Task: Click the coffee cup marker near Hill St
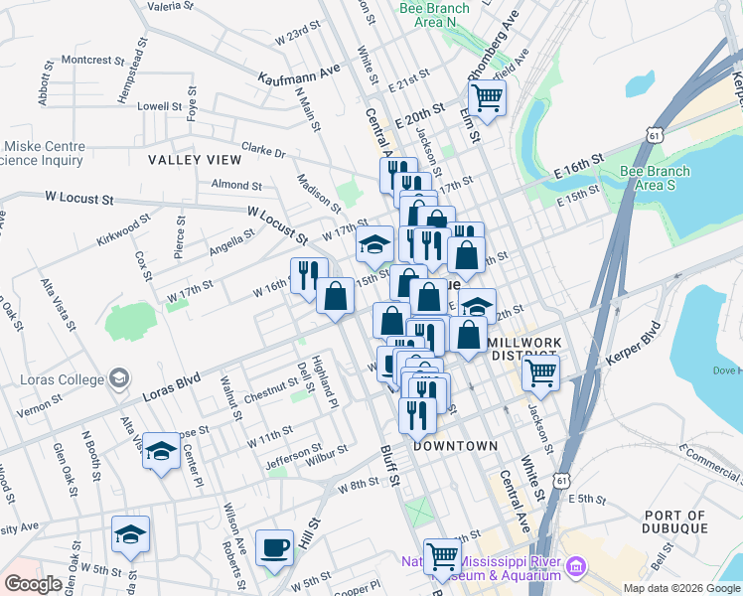click(x=274, y=549)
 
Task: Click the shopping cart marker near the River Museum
click(x=442, y=558)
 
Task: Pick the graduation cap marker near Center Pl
click(x=161, y=453)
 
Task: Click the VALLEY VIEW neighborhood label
click(x=195, y=159)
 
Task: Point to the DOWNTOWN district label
click(x=455, y=446)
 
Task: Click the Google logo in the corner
click(x=33, y=584)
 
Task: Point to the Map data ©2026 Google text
click(x=680, y=588)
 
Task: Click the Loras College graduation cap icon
click(x=119, y=377)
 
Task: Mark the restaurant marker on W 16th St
click(x=309, y=275)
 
